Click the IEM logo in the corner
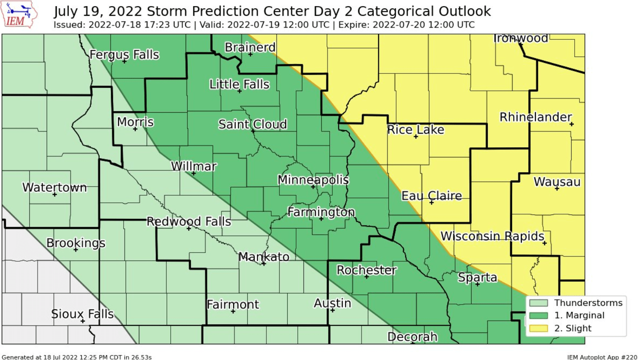click(x=19, y=15)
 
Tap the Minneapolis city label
click(x=313, y=180)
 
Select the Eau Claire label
click(x=431, y=195)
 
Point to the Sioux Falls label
click(x=82, y=314)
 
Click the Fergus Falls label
click(x=124, y=55)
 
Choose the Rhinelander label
click(x=535, y=117)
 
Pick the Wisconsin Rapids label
click(x=492, y=236)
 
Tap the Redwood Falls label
click(x=189, y=222)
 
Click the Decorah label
click(x=412, y=337)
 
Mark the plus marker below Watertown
click(x=55, y=194)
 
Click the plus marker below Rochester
click(x=367, y=277)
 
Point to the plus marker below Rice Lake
click(x=416, y=137)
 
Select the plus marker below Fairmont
click(x=233, y=312)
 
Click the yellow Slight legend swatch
click(x=538, y=328)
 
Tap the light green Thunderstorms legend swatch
click(x=538, y=303)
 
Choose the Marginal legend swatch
click(x=538, y=315)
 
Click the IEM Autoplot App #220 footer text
click(x=602, y=357)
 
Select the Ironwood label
click(x=520, y=38)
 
